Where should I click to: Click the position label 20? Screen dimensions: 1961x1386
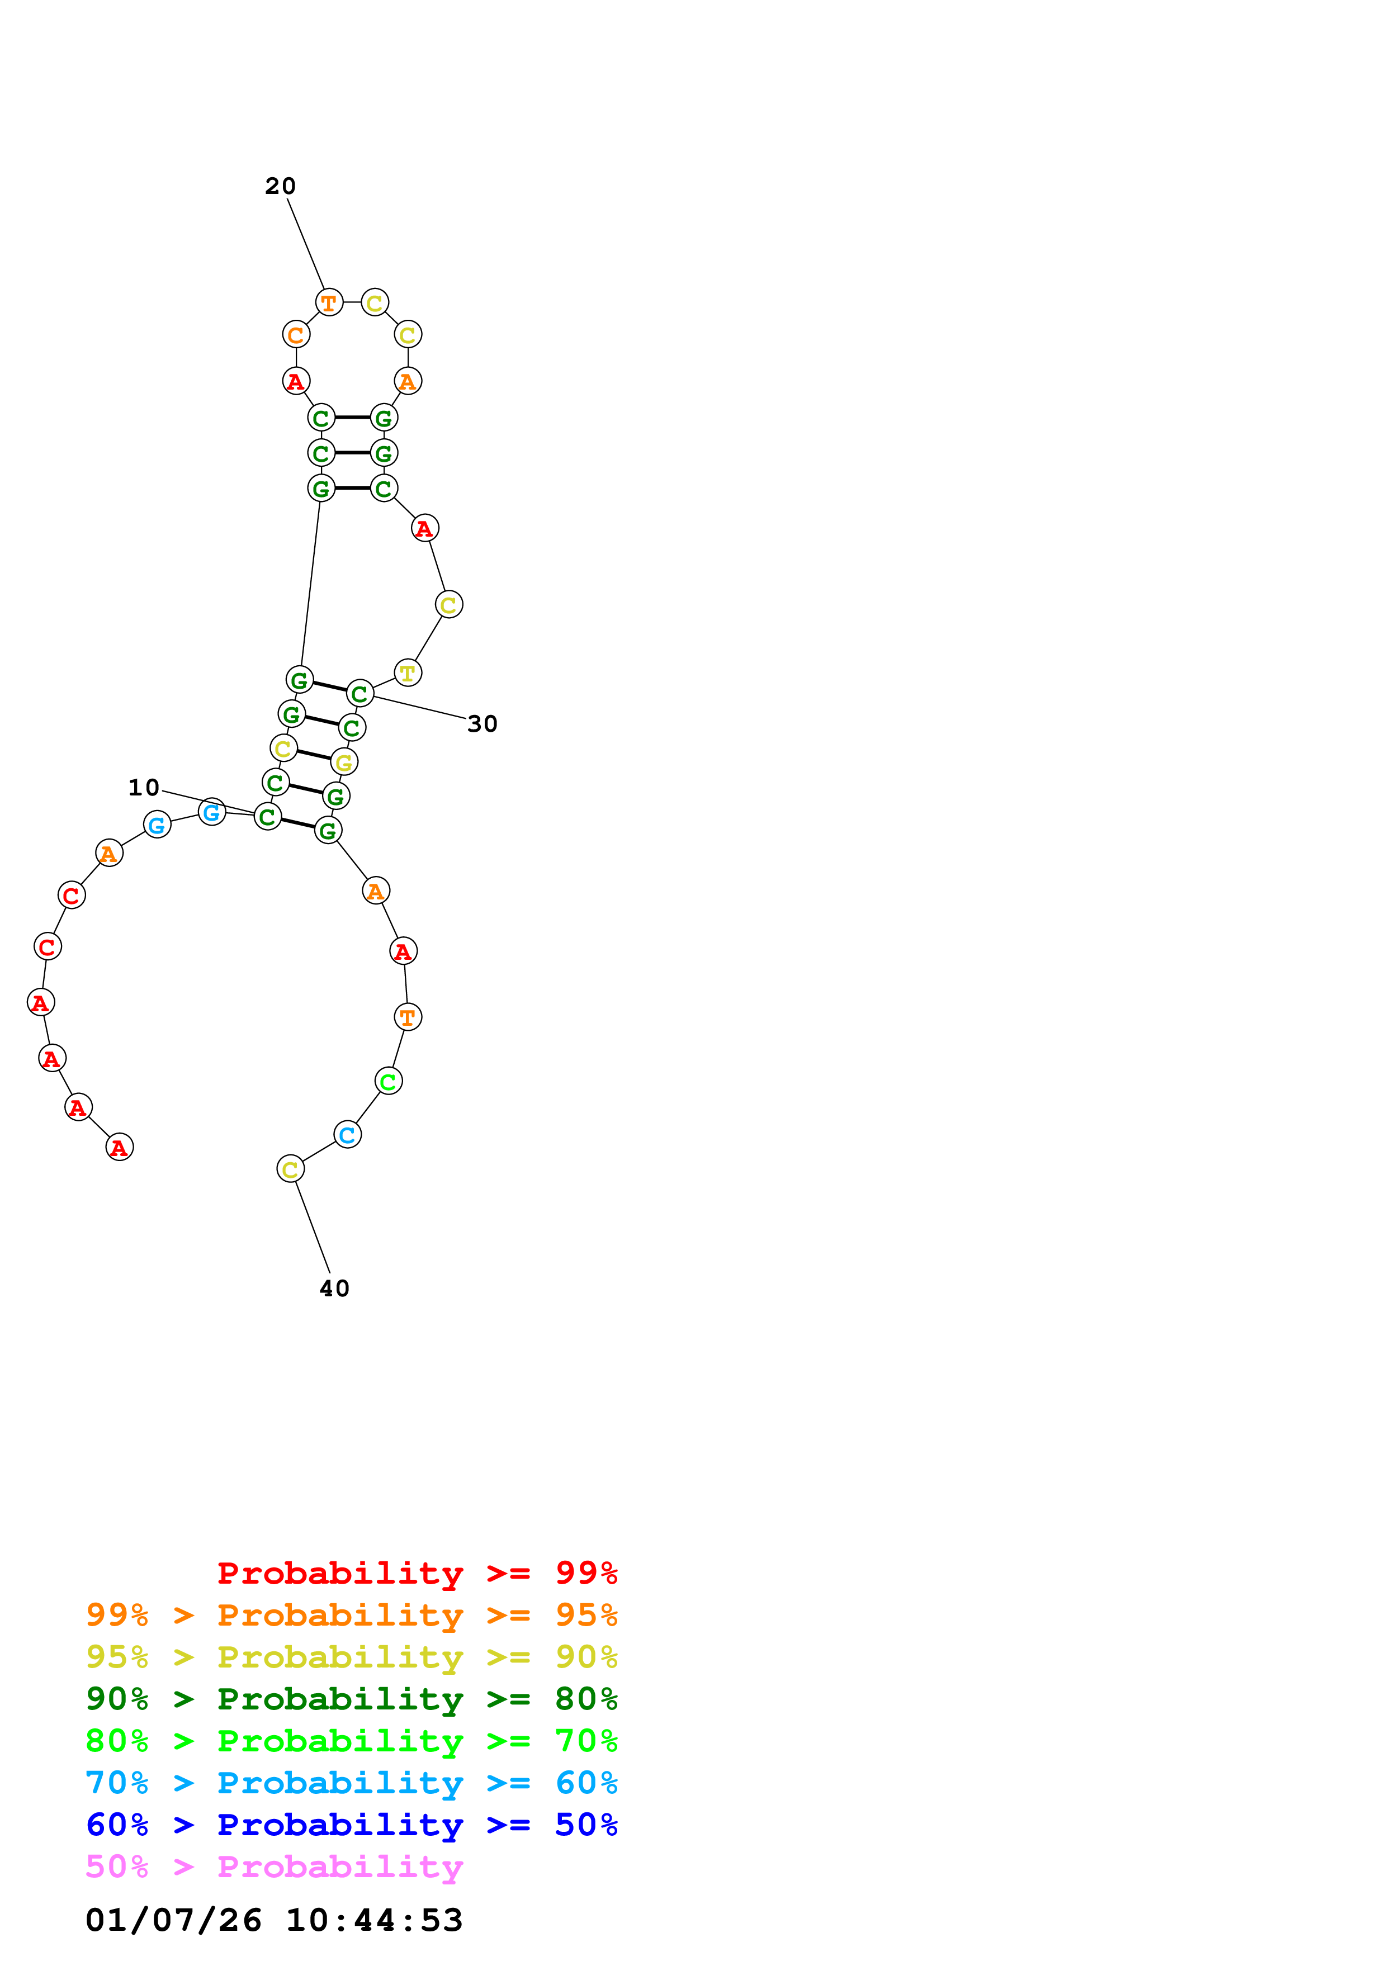click(280, 186)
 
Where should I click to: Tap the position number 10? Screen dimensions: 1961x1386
click(144, 788)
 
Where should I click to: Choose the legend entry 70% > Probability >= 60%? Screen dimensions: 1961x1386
click(351, 1783)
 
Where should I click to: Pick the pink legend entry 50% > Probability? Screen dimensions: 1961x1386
click(274, 1867)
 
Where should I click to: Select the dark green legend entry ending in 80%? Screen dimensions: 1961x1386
click(351, 1699)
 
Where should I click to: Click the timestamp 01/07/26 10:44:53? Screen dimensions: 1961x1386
click(274, 1921)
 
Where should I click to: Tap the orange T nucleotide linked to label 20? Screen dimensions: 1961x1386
click(329, 302)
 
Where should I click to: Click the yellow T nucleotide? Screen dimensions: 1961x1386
click(408, 673)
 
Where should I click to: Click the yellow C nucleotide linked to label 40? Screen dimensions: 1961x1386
click(290, 1169)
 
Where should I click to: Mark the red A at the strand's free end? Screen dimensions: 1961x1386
click(120, 1148)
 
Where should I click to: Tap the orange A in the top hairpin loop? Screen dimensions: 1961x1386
click(408, 381)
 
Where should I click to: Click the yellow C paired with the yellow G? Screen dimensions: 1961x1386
click(283, 748)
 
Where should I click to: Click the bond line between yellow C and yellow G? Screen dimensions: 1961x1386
click(314, 755)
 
